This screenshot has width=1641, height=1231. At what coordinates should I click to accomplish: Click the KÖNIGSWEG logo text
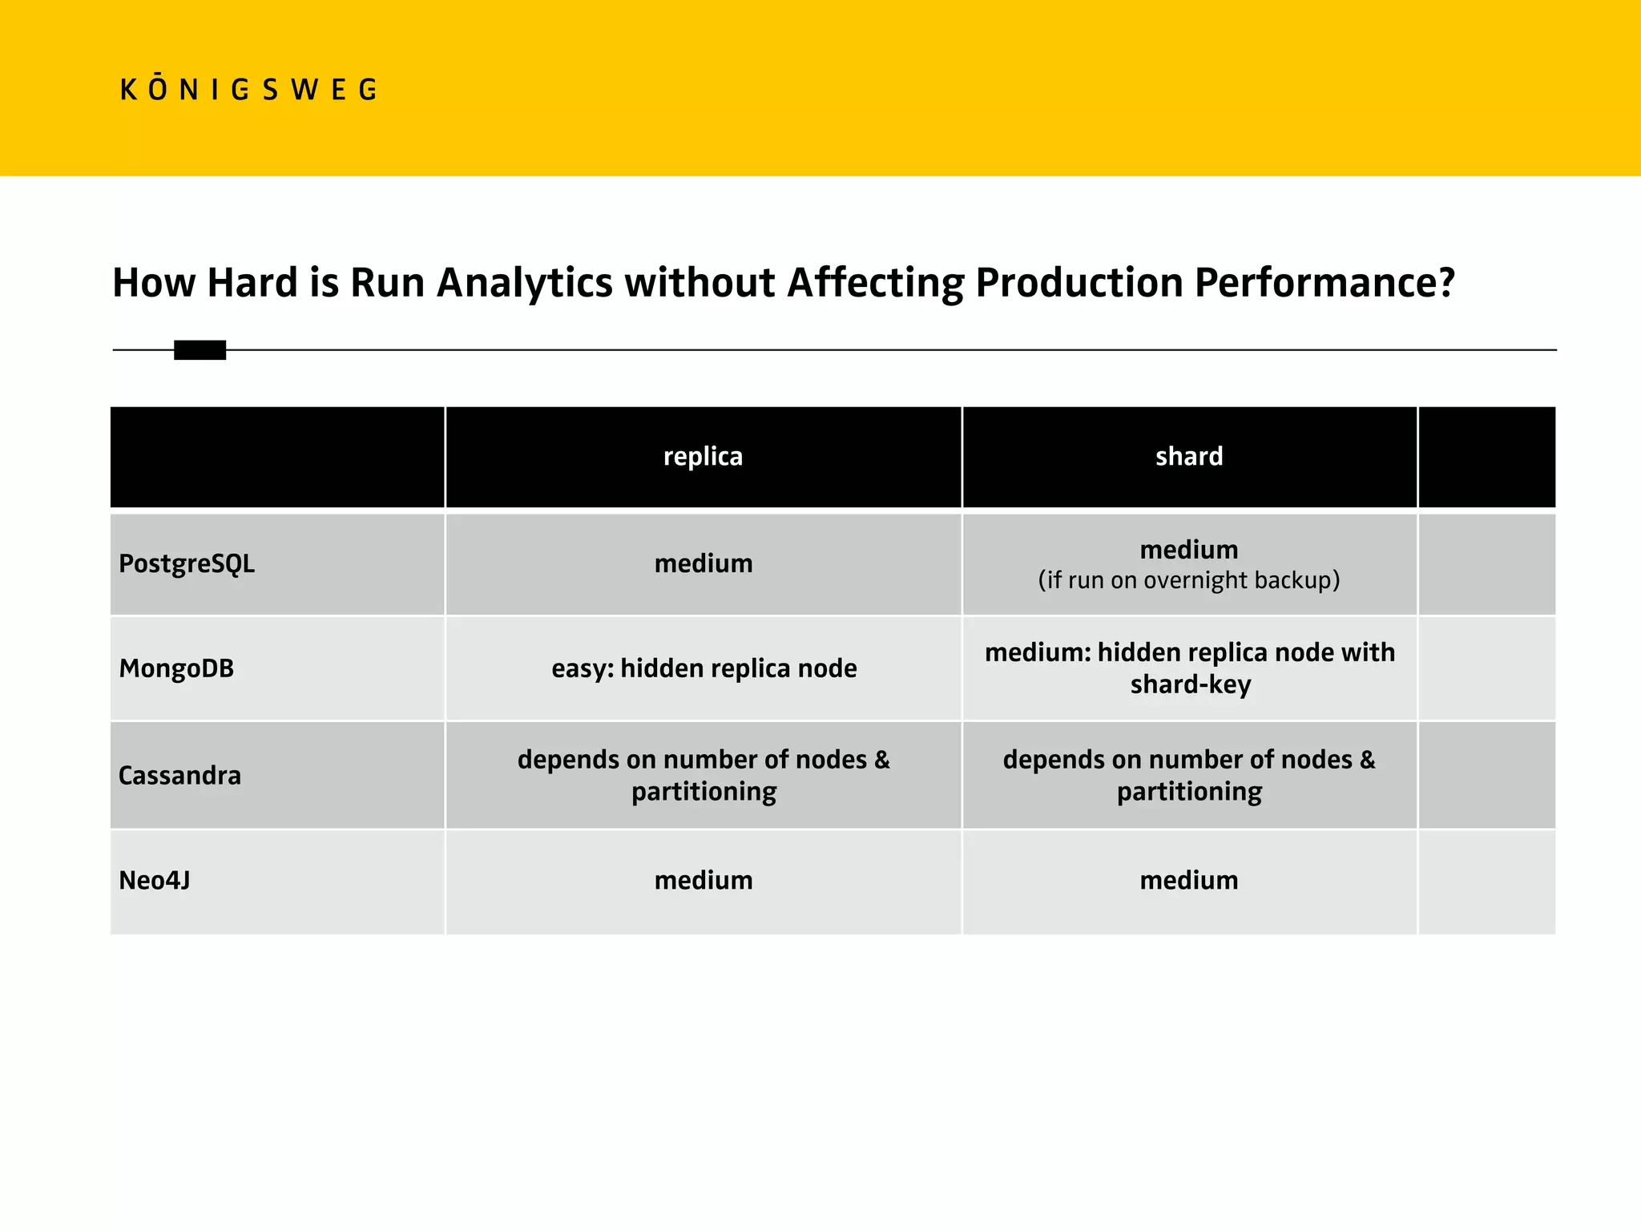(248, 90)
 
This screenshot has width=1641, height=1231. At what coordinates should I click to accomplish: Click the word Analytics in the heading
(525, 284)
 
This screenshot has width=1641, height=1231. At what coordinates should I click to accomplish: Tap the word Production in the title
(1079, 284)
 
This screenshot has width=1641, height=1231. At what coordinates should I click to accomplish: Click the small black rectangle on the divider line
(200, 350)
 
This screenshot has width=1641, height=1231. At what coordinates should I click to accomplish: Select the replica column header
(703, 457)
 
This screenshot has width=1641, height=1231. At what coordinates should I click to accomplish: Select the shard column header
(1189, 457)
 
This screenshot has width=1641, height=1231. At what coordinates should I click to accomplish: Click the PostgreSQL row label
(187, 564)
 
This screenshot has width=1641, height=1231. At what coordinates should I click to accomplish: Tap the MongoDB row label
(176, 668)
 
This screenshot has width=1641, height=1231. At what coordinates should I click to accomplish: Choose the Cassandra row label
(179, 776)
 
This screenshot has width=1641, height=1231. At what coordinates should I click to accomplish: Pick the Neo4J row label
(155, 881)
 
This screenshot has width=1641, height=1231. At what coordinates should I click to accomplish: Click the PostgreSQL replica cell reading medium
(703, 564)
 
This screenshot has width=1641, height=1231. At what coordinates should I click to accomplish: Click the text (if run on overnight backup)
(1189, 580)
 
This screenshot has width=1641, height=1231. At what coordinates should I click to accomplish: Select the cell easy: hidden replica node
(704, 668)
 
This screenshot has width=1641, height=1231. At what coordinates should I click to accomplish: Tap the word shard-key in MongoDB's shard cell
(1191, 685)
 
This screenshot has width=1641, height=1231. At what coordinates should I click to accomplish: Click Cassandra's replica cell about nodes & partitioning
(704, 775)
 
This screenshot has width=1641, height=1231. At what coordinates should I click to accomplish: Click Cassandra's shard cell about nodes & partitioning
(1189, 775)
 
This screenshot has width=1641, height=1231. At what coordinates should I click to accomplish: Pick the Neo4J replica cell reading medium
(703, 881)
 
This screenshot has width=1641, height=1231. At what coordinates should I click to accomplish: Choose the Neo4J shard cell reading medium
(1189, 881)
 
